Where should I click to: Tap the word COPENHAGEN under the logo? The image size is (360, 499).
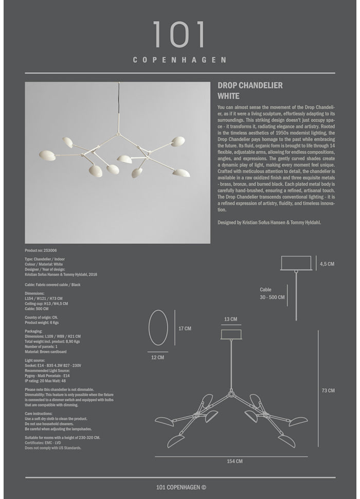click(x=179, y=60)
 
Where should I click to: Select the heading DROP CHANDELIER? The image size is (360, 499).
click(x=250, y=86)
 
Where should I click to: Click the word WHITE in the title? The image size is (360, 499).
click(x=229, y=96)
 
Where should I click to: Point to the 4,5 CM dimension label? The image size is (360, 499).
click(x=327, y=264)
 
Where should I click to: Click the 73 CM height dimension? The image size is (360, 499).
click(x=328, y=390)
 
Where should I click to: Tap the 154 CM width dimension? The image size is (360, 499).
click(x=235, y=461)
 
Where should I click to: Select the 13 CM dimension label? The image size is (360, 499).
click(x=231, y=319)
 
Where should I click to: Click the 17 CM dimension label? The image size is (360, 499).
click(x=185, y=328)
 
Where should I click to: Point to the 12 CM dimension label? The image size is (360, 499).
click(x=158, y=357)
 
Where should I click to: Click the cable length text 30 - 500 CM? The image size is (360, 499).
click(x=272, y=297)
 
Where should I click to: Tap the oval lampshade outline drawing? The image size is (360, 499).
click(x=158, y=328)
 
